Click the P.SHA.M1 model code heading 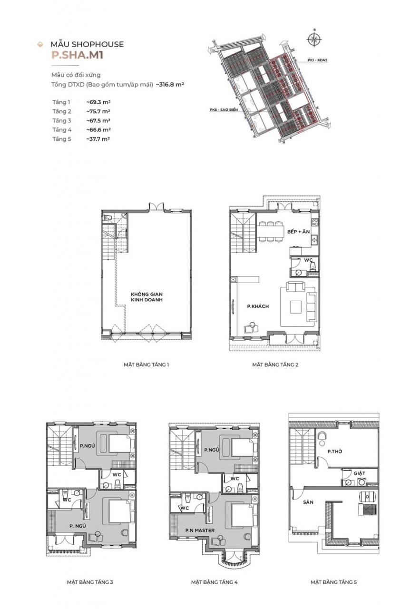click(x=78, y=55)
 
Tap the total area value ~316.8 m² click(x=170, y=84)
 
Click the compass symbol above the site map click(x=314, y=39)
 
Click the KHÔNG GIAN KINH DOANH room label click(x=147, y=297)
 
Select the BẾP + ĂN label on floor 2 click(x=298, y=232)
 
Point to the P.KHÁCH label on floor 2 click(x=258, y=306)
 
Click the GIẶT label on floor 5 click(x=360, y=473)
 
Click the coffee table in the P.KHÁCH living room click(x=295, y=306)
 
